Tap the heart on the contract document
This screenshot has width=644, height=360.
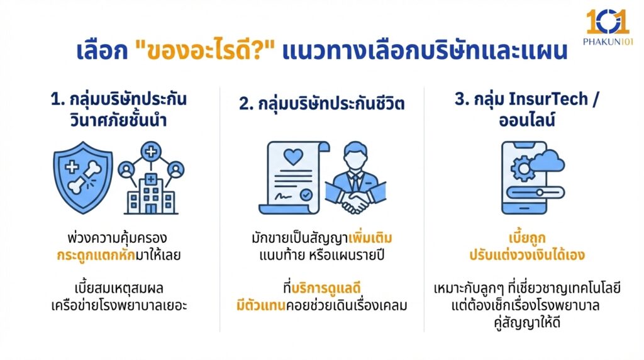click(294, 155)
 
